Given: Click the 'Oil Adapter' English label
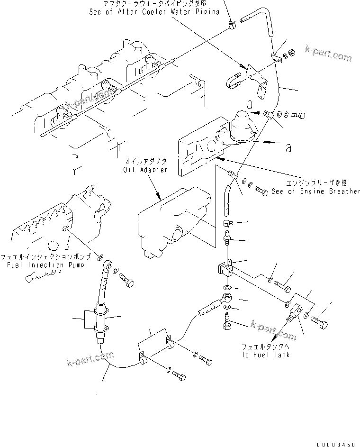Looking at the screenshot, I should [x=145, y=170].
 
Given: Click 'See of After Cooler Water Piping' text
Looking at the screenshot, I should [x=154, y=11].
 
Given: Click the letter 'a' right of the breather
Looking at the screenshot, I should [x=288, y=148].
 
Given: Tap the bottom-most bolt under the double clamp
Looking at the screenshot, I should [x=178, y=375].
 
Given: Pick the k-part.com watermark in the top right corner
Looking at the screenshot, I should [x=329, y=53].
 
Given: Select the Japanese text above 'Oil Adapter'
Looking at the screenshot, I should [x=145, y=162].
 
